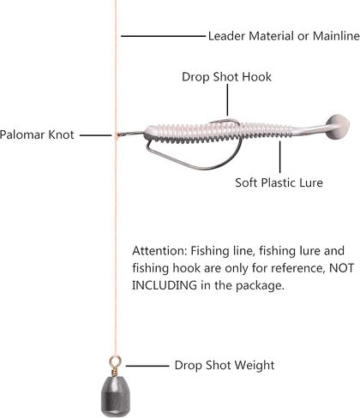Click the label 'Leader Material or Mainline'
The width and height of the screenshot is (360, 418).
click(x=284, y=36)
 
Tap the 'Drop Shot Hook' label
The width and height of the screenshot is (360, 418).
click(x=226, y=77)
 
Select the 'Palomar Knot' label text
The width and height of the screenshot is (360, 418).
click(x=37, y=134)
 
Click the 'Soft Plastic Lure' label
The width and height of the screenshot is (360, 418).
click(x=279, y=182)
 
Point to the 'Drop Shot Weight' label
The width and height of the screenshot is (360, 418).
click(x=225, y=365)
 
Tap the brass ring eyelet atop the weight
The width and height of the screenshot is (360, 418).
click(x=115, y=361)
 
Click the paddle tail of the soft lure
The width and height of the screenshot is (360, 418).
click(x=337, y=127)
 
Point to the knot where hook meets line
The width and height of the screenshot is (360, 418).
click(x=117, y=135)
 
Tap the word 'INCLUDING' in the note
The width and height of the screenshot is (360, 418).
click(x=165, y=285)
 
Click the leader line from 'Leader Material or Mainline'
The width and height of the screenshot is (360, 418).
click(x=163, y=36)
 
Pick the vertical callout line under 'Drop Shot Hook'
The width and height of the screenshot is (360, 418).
click(x=227, y=100)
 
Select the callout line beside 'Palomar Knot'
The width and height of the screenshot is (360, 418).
click(x=95, y=135)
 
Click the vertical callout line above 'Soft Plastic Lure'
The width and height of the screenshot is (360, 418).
click(x=280, y=157)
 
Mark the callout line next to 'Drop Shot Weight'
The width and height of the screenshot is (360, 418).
click(x=147, y=366)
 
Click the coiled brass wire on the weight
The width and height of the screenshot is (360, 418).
click(x=115, y=372)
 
